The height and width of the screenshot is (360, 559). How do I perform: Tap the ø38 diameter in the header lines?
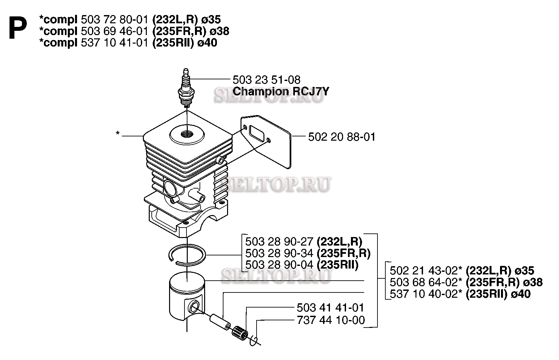pos(219,31)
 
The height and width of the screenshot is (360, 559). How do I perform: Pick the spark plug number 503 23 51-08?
pos(266,80)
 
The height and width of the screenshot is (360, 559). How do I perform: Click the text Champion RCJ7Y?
pos(281,91)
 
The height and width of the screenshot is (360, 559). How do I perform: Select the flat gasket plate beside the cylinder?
pos(265,142)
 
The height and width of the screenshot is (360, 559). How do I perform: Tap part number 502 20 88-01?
pos(342,137)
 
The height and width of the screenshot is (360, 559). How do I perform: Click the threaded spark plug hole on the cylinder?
pos(187,135)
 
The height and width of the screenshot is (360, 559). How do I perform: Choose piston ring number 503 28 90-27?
pos(279,242)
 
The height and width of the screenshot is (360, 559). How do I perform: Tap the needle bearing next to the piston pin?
pos(240,333)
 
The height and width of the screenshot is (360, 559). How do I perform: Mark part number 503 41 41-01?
pos(330,308)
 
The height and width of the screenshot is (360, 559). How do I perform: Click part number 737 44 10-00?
pos(331,320)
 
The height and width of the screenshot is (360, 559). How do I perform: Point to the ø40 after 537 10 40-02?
pos(521,294)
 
